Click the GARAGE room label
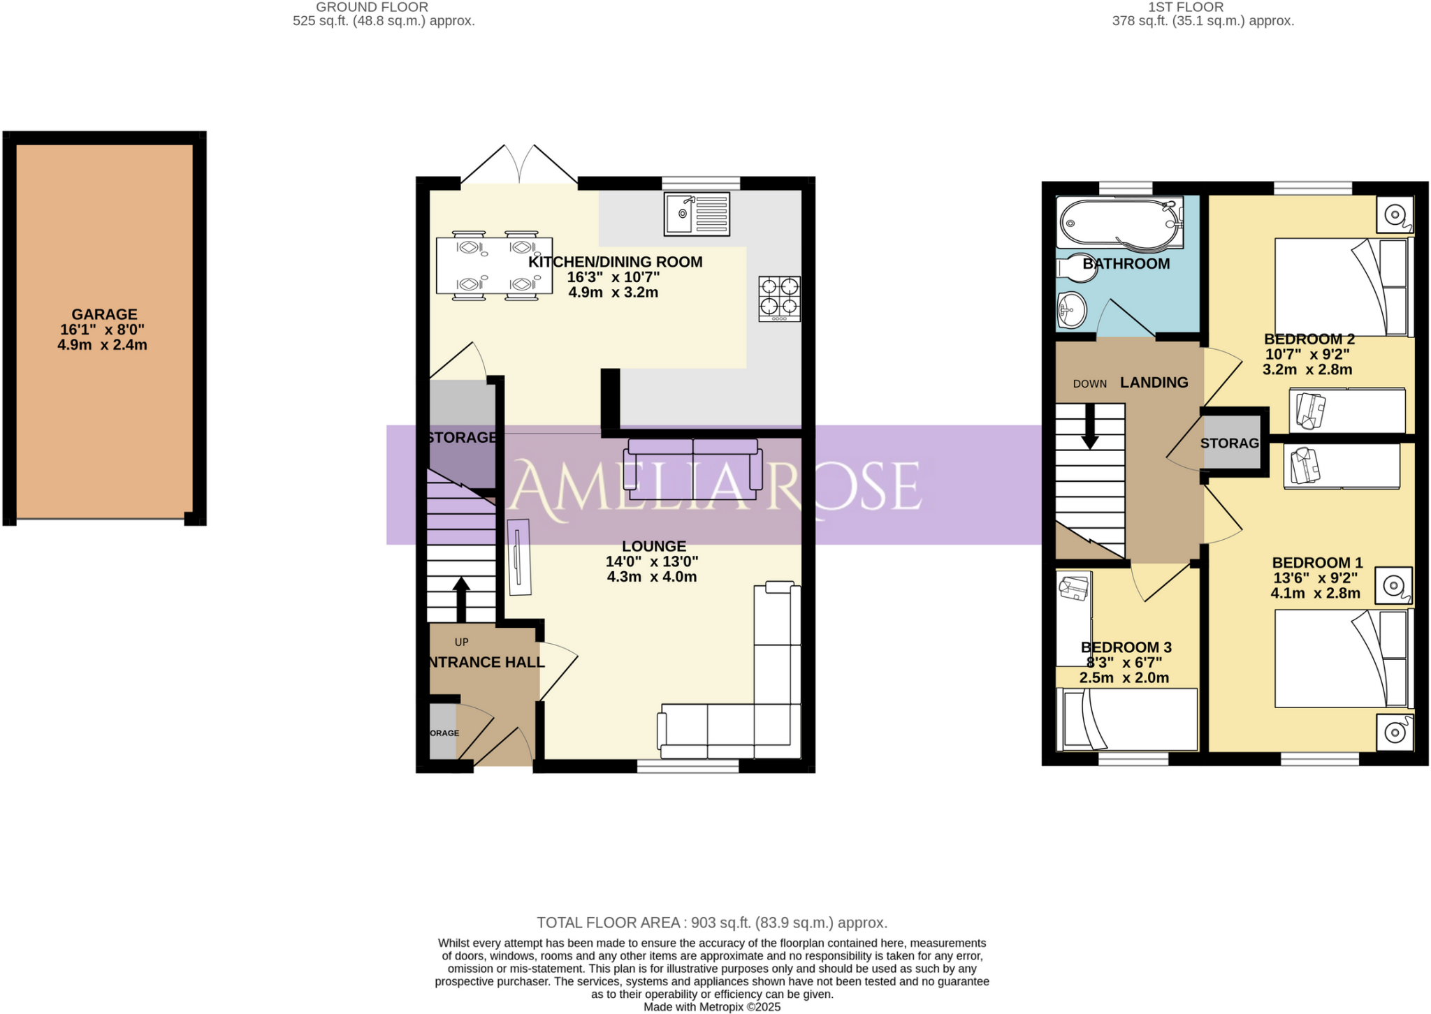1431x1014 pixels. [x=104, y=315]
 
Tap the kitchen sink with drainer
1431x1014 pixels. [x=697, y=214]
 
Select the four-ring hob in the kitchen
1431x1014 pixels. [x=779, y=298]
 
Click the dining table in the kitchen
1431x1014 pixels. [x=494, y=266]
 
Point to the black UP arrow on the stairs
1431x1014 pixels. [x=460, y=598]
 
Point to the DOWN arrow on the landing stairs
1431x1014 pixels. [x=1089, y=427]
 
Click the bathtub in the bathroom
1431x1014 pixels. [x=1118, y=222]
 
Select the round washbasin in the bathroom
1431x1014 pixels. [x=1071, y=310]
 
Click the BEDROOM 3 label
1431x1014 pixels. [x=1126, y=647]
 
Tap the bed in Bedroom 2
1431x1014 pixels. [x=1340, y=287]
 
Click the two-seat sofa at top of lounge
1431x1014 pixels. [x=692, y=469]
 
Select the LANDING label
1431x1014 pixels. [x=1154, y=383]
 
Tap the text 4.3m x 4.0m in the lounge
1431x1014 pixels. [x=651, y=577]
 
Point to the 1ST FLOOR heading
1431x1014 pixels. [x=1186, y=7]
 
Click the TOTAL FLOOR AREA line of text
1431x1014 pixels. [x=711, y=923]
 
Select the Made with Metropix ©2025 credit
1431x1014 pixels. [x=711, y=1007]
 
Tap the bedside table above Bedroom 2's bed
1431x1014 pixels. [x=1394, y=214]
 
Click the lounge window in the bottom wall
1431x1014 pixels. [x=688, y=767]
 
